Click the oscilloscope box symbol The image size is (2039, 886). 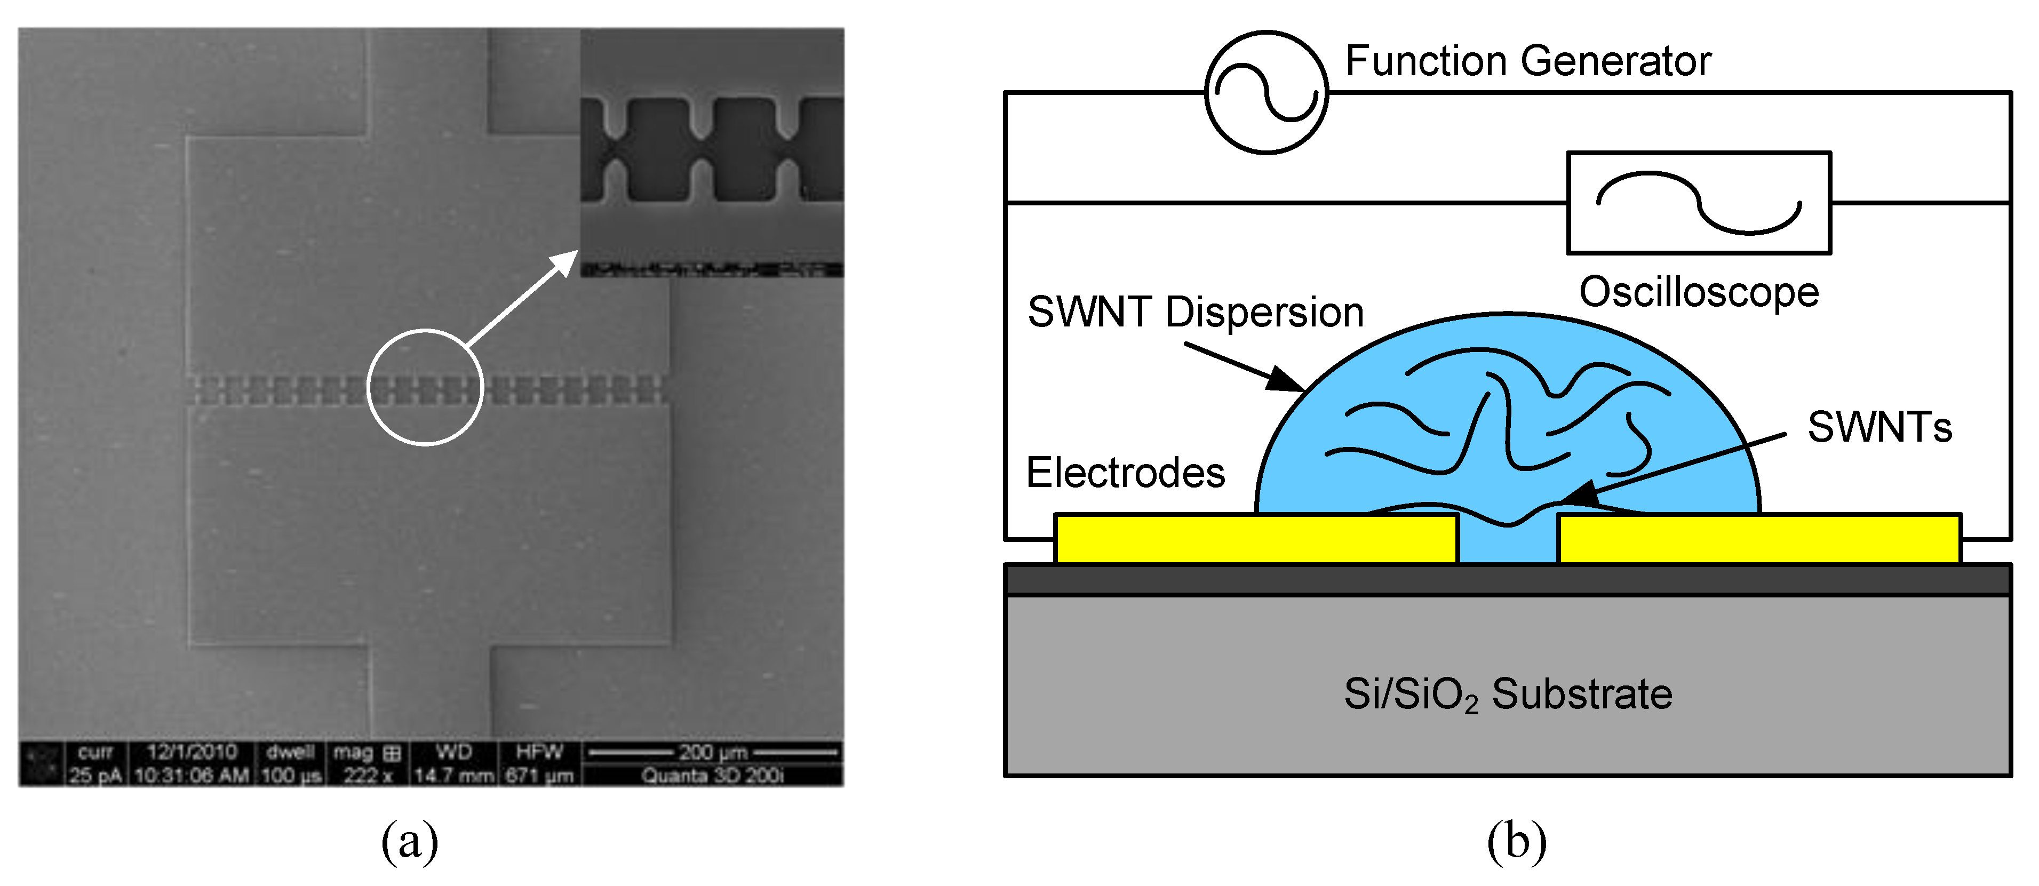(x=1699, y=203)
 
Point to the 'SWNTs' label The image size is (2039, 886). (x=1879, y=427)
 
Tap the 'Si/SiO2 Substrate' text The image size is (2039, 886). (x=1508, y=694)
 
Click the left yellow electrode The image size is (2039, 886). (x=1256, y=539)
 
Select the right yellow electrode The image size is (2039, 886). (x=1759, y=539)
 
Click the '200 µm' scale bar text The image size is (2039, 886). (x=712, y=752)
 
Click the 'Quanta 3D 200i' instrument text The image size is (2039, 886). (x=712, y=775)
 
